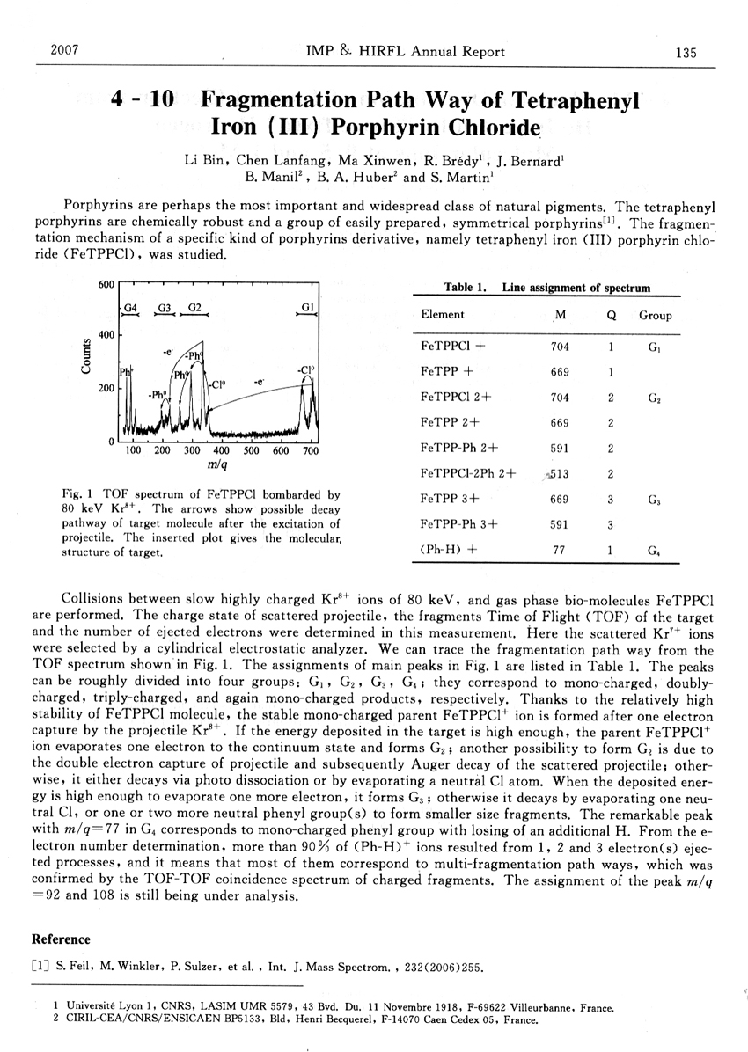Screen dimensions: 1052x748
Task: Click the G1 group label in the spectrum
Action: [307, 307]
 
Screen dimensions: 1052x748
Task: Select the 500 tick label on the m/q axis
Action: [251, 451]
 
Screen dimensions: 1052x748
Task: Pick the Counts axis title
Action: [86, 356]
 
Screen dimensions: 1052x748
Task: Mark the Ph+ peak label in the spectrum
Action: [125, 373]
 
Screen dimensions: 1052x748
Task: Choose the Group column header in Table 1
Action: [655, 315]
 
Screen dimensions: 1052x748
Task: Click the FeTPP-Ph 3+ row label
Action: [459, 525]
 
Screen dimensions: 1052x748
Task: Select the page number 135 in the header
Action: [686, 52]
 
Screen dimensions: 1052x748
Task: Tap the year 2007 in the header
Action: [65, 49]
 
